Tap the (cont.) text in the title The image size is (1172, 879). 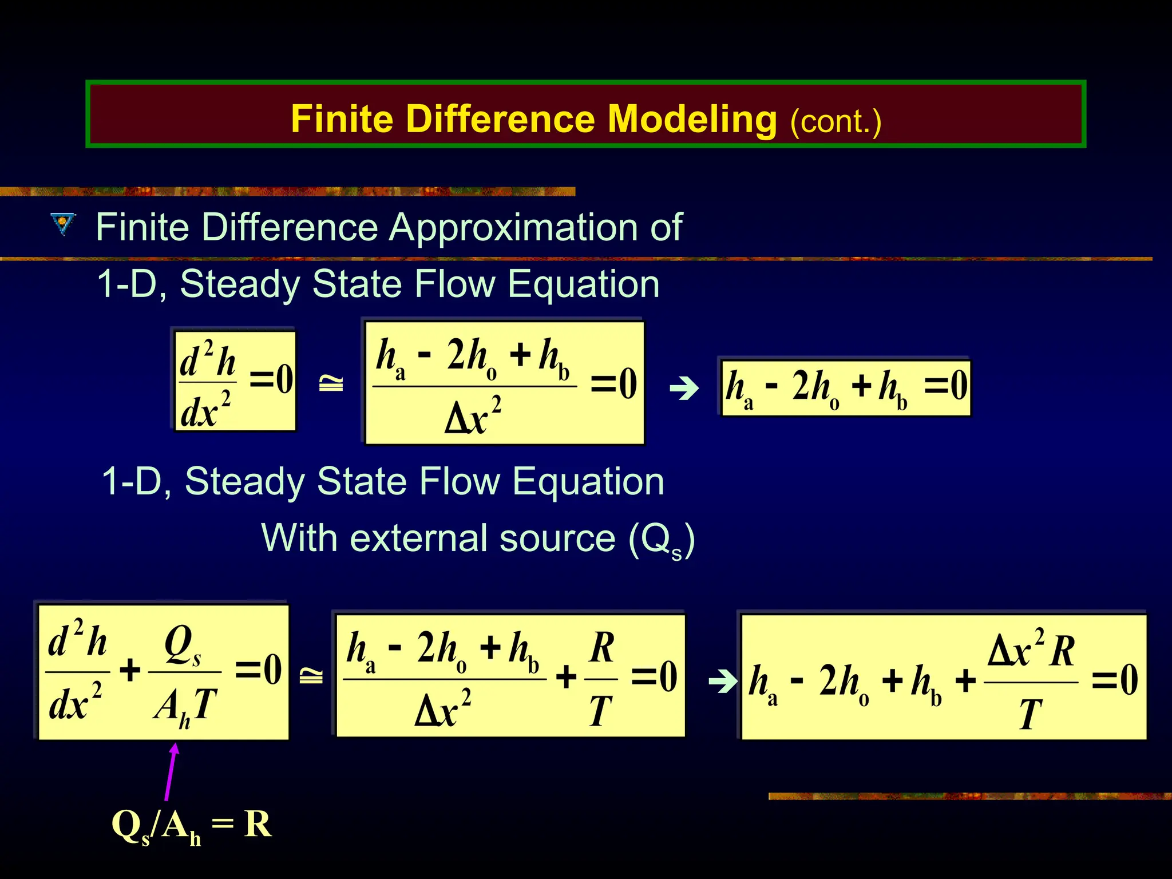836,121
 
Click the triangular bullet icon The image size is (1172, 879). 63,224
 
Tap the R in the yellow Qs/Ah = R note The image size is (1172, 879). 257,824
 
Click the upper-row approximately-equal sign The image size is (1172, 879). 331,383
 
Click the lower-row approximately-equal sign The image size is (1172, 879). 311,676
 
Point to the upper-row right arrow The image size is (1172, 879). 684,389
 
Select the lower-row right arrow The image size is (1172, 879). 723,681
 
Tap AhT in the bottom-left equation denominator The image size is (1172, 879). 185,706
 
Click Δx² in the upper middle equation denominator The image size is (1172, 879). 473,415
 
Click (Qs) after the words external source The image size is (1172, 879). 662,540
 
